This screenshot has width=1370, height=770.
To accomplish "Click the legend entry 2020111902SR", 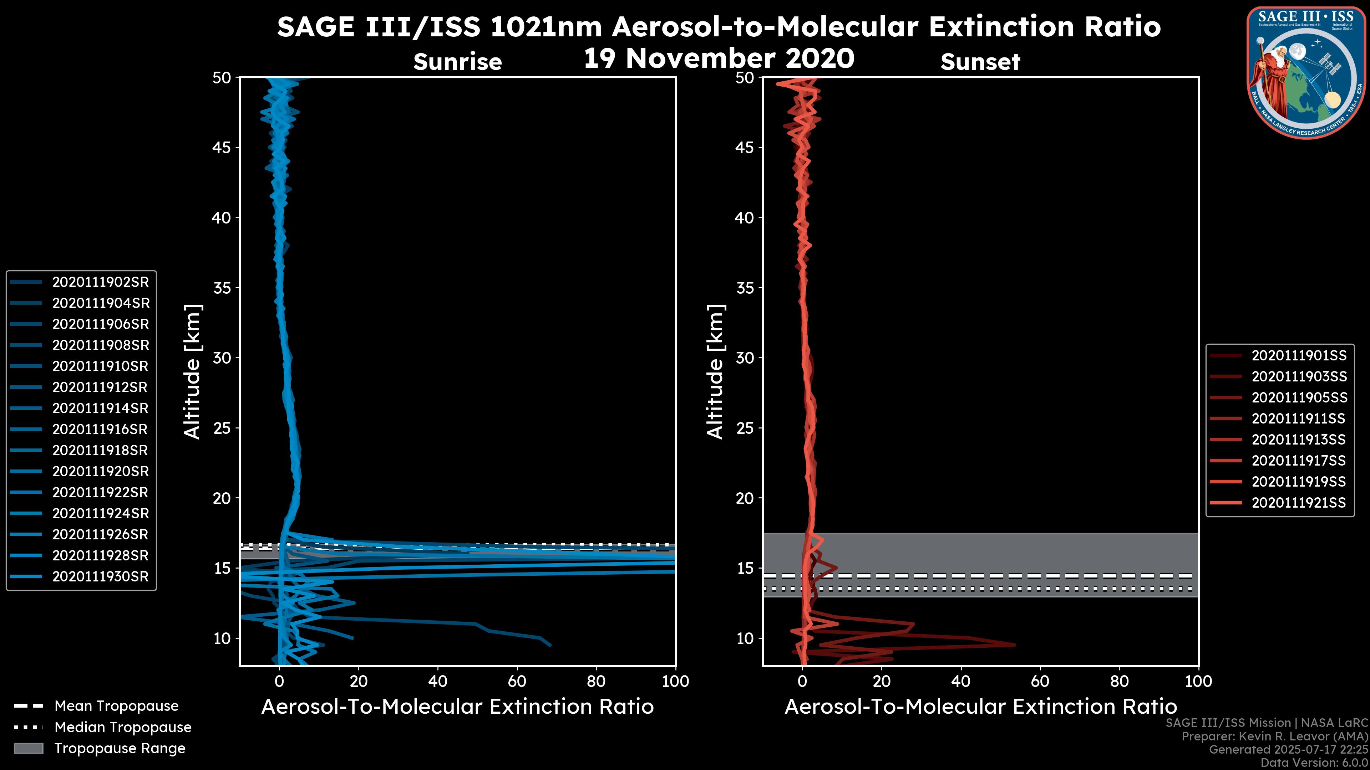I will (x=100, y=282).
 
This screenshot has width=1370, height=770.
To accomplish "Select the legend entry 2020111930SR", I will (x=100, y=576).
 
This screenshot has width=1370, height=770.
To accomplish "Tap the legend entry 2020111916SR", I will (x=100, y=429).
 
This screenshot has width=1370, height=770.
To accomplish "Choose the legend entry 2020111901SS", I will (x=1299, y=355).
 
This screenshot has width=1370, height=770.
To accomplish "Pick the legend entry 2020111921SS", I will (x=1299, y=503).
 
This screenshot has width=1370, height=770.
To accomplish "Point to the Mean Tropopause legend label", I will (x=116, y=706).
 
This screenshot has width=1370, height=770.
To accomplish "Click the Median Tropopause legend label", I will (x=123, y=728).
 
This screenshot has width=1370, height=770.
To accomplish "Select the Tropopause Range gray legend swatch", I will (x=29, y=748).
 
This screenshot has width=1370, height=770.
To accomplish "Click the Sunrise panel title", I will (x=457, y=62).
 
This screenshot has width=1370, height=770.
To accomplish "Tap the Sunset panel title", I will (x=980, y=62).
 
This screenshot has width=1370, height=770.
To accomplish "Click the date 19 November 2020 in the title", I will (x=719, y=58).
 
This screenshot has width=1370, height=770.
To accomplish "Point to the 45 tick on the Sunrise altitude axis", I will (x=222, y=148).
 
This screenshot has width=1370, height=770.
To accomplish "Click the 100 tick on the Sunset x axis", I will (x=1198, y=681).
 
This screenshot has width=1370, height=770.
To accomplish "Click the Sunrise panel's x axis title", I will (x=457, y=707).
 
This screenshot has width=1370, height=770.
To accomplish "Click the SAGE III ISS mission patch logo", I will (x=1306, y=72).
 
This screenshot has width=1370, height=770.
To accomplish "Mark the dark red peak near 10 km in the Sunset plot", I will (x=1014, y=645).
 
